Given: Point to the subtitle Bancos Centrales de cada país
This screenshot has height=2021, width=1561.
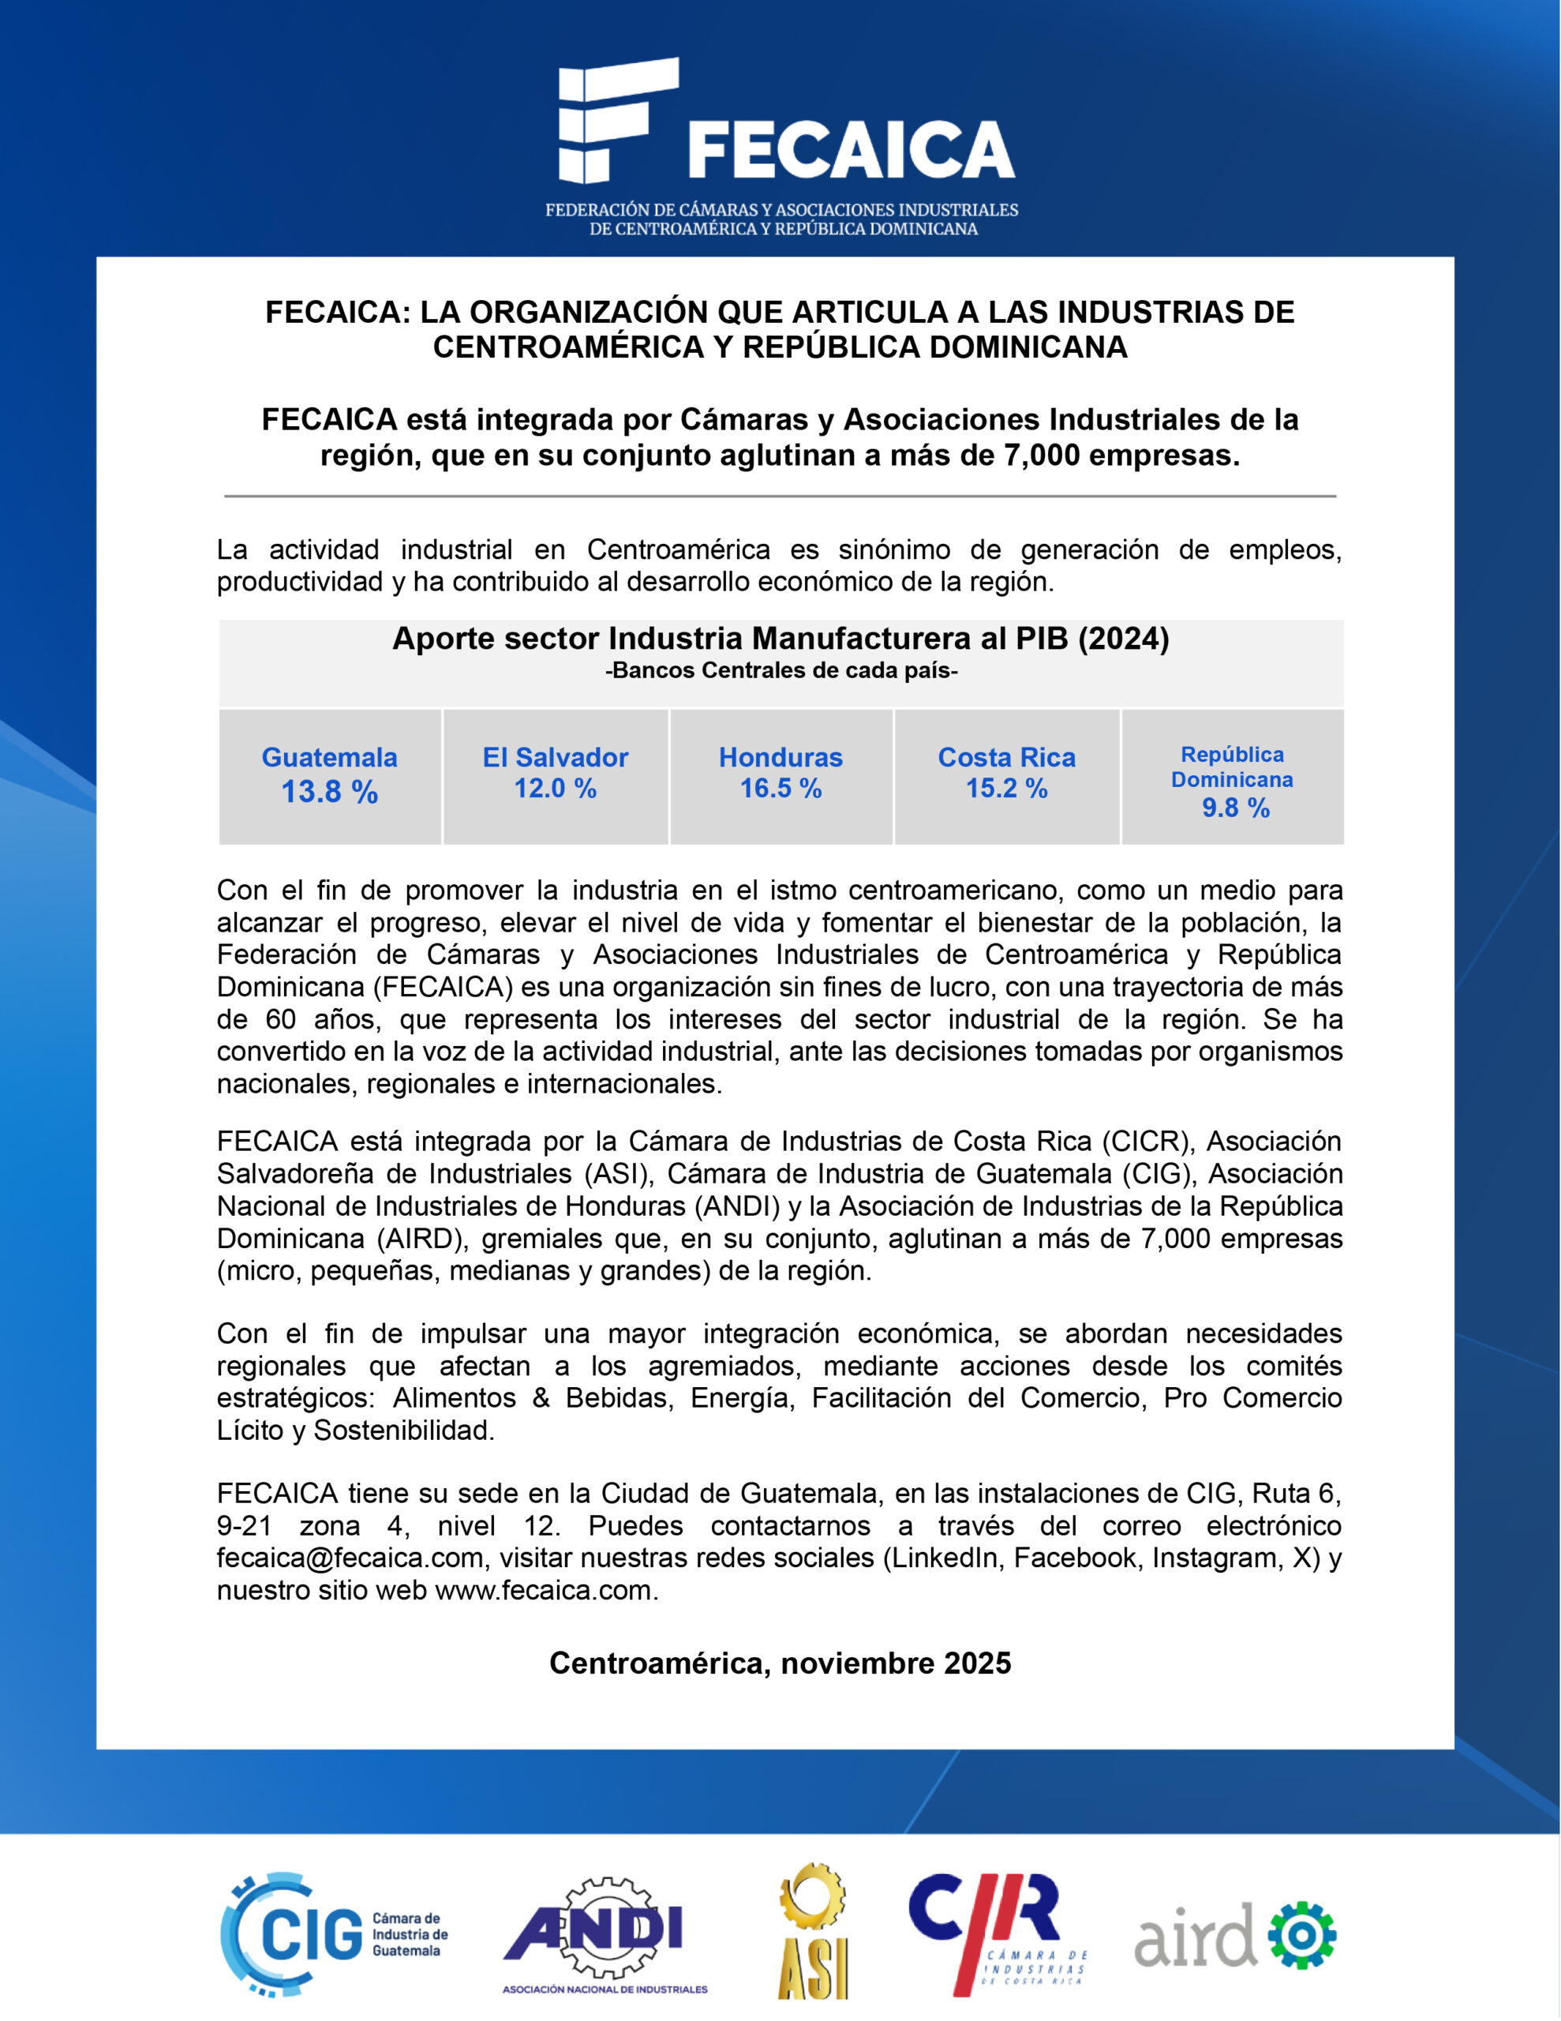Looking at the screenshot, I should [781, 671].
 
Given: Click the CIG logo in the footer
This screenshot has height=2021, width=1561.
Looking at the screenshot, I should [333, 1934].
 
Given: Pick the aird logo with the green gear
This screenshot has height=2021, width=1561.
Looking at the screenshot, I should [1234, 1934].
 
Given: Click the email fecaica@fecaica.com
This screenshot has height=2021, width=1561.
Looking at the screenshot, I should [350, 1558].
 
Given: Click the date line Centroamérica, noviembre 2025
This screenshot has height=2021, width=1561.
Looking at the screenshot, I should [780, 1663].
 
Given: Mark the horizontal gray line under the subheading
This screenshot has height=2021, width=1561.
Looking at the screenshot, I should [780, 496].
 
